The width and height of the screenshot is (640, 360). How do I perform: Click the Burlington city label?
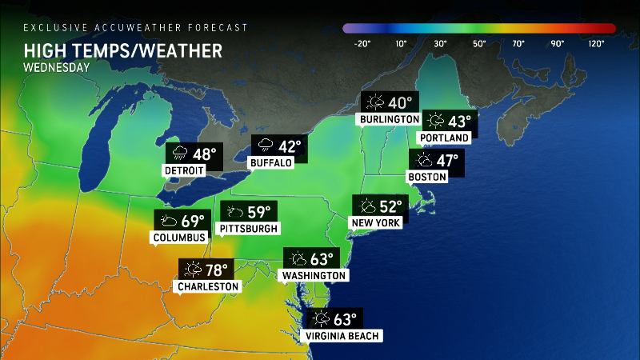point(390,119)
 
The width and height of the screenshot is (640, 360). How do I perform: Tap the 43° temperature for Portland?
point(461,122)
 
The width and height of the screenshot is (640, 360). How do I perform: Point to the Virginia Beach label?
point(342,336)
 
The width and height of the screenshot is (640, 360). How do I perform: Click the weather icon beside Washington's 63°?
point(298,259)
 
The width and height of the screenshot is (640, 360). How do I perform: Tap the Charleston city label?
point(210,286)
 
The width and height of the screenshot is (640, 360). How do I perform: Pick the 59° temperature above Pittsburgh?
point(258,212)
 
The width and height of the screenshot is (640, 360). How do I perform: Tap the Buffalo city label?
point(271,163)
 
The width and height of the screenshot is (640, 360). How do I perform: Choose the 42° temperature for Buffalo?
point(289,146)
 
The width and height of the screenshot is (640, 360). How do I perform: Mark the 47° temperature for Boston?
point(447,160)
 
